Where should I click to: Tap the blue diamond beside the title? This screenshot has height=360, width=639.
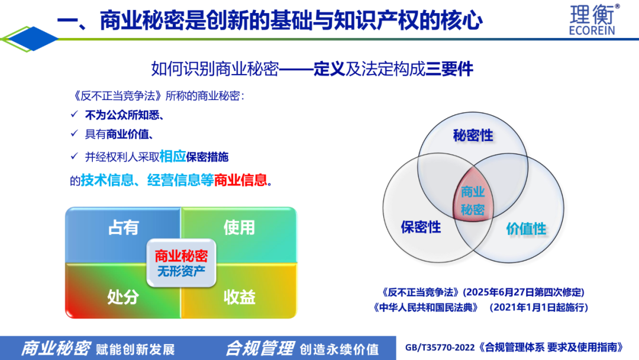pos(33,38)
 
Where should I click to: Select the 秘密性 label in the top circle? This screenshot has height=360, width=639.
pos(473,136)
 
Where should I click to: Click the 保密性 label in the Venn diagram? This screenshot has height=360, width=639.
pos(421,227)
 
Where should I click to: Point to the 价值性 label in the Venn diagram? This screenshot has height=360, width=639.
pos(526,229)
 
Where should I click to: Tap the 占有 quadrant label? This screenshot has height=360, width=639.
pos(124,227)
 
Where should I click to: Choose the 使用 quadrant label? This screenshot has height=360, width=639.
pos(239,227)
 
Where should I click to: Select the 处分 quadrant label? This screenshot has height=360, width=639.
pos(123,297)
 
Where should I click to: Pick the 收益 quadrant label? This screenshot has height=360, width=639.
pos(240,297)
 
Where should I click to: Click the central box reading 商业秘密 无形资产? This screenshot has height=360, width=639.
pos(182,263)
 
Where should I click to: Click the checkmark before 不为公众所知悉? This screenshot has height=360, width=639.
pos(74,114)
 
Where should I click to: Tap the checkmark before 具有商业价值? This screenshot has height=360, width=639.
pos(74,133)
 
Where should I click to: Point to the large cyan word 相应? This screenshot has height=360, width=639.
pos(173,156)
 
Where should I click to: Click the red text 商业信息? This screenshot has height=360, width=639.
pos(240,180)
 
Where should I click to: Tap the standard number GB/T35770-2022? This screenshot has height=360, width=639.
pos(440,348)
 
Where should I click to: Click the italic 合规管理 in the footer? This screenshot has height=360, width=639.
pos(260,349)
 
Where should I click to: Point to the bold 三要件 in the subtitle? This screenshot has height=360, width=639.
pos(450,69)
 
